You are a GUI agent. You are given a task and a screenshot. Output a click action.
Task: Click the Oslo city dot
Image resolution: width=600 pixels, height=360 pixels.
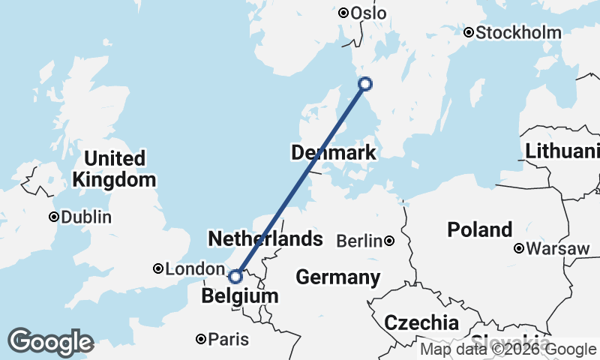point(343,13)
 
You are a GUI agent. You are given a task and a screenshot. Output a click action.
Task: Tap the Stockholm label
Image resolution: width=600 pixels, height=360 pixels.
point(518,32)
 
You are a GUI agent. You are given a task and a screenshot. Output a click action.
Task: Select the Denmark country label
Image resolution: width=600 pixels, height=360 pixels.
point(333,154)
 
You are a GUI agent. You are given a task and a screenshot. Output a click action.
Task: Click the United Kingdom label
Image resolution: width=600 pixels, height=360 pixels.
point(115,169)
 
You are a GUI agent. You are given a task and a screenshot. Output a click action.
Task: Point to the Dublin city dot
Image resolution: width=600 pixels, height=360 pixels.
point(54,217)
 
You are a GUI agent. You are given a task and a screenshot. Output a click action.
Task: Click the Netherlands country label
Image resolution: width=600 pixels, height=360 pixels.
point(265,239)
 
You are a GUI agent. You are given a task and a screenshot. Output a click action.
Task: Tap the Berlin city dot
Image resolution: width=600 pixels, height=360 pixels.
point(389,241)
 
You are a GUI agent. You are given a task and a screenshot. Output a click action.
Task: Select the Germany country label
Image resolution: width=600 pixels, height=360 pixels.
point(337,277)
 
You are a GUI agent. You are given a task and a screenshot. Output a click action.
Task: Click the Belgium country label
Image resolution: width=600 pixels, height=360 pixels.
point(240,297)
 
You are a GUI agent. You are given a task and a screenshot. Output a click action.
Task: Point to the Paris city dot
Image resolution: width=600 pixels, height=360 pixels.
point(201,340)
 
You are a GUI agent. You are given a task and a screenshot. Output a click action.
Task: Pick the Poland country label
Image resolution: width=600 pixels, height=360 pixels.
point(479,229)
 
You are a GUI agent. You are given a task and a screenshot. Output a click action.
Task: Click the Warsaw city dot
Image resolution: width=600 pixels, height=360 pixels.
point(519,248)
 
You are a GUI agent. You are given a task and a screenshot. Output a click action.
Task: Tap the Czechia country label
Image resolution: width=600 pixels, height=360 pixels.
point(421,323)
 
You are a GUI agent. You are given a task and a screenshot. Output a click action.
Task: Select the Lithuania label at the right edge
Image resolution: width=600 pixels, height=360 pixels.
point(562,151)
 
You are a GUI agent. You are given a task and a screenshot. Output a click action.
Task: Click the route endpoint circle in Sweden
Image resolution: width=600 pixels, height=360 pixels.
point(365,84)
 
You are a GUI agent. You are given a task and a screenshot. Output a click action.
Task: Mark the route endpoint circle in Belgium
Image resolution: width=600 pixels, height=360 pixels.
point(235,277)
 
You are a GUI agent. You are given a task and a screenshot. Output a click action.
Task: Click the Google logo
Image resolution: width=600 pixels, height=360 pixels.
point(50,342)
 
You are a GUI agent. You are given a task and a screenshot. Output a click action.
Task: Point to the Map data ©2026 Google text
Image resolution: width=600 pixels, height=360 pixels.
point(508,349)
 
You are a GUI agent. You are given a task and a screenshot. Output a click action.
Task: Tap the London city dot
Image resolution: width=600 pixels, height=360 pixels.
point(158,268)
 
